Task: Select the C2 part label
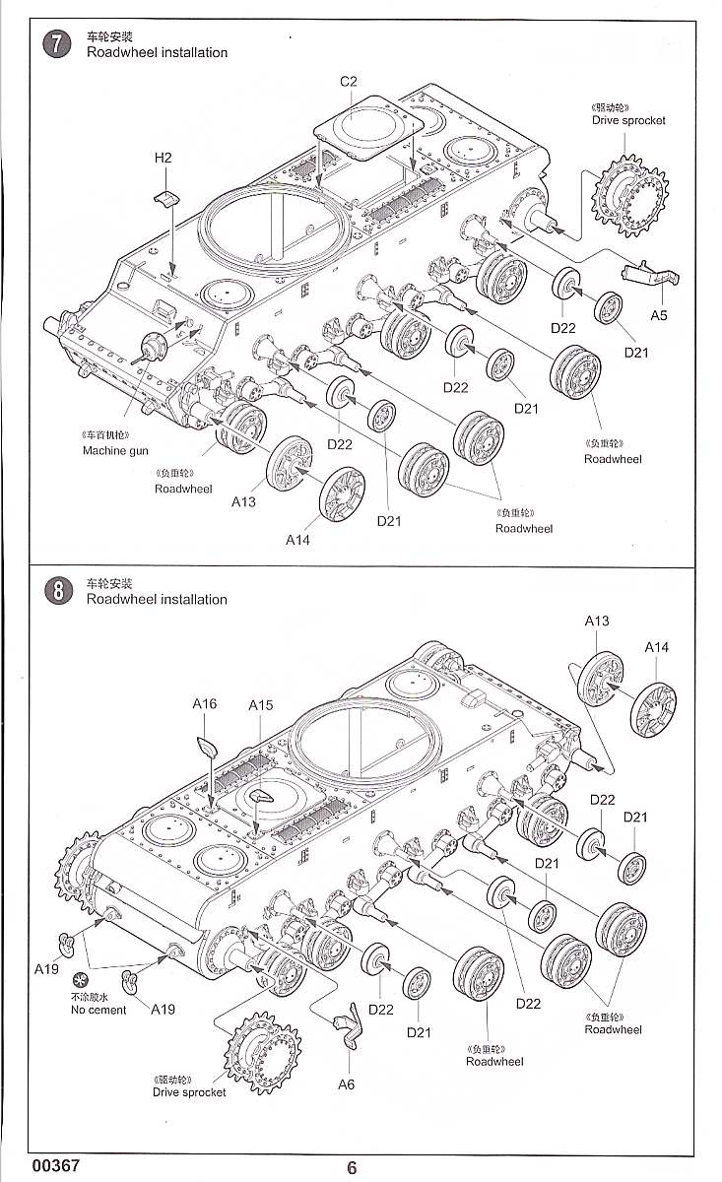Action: tap(348, 81)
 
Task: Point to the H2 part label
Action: tap(163, 158)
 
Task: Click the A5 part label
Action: tap(659, 314)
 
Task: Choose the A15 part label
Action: tap(260, 705)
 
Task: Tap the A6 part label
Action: tap(346, 1084)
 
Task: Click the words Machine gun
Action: tap(117, 450)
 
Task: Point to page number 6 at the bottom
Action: tap(352, 1168)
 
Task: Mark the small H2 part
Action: tap(166, 197)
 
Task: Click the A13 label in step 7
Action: tap(243, 501)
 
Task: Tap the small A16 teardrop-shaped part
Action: tap(207, 746)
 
